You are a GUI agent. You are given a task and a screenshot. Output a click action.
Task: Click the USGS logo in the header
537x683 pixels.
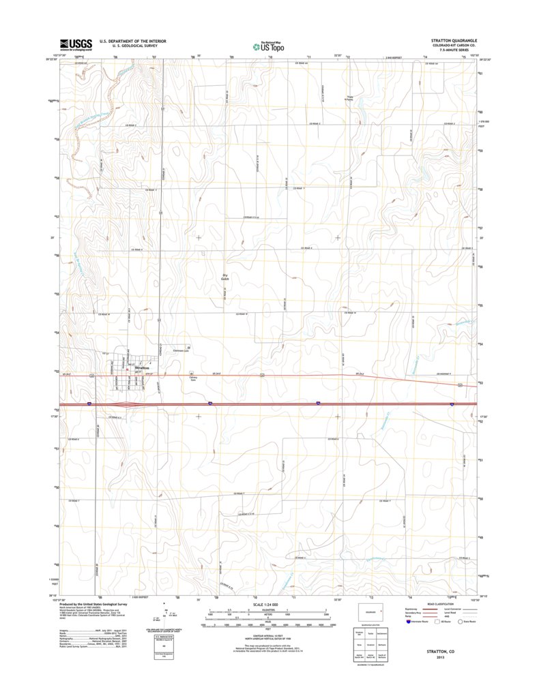75,45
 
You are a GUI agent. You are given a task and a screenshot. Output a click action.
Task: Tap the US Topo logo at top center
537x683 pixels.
268,46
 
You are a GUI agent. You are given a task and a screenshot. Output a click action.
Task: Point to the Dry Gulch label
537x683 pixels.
224,277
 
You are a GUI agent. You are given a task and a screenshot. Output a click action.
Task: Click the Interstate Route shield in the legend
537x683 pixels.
409,621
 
